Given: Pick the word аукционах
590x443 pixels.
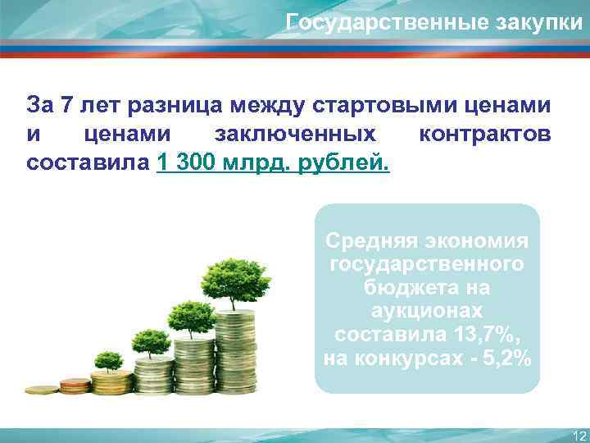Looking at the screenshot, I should point(428,313).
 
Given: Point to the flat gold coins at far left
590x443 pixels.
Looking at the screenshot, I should point(41,390).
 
